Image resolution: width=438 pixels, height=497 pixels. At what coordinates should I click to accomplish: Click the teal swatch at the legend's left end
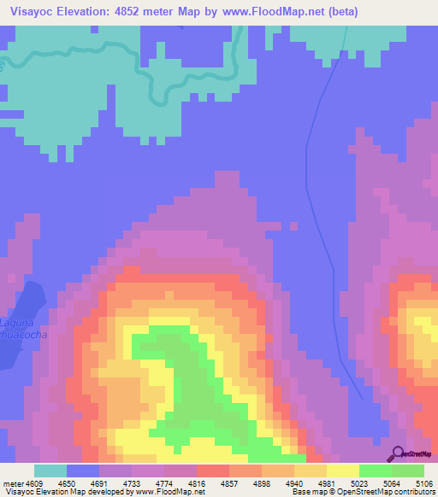pos(50,470)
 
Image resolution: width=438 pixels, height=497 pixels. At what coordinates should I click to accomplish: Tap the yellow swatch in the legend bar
pos(342,470)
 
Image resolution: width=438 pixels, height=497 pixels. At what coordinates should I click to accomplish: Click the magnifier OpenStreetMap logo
pos(397,453)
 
